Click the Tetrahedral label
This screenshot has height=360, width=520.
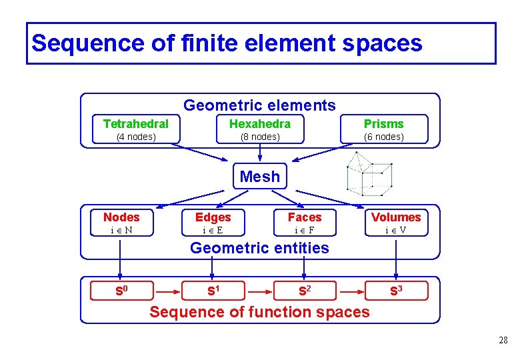(x=136, y=123)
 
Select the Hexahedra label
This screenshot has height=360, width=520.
(x=259, y=123)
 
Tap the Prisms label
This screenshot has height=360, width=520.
(x=383, y=123)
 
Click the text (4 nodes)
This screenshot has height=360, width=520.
(x=136, y=137)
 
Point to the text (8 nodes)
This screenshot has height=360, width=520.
(x=259, y=137)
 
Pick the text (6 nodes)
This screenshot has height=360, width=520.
(x=383, y=137)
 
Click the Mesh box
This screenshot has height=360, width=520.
(x=259, y=177)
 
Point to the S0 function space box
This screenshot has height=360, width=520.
(x=121, y=291)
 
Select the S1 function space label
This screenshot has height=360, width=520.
(x=213, y=291)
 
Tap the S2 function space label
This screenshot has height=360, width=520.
(x=305, y=291)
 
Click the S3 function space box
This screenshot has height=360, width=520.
(x=396, y=291)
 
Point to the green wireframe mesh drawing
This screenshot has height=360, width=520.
(x=369, y=173)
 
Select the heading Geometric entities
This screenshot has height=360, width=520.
(x=259, y=248)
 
